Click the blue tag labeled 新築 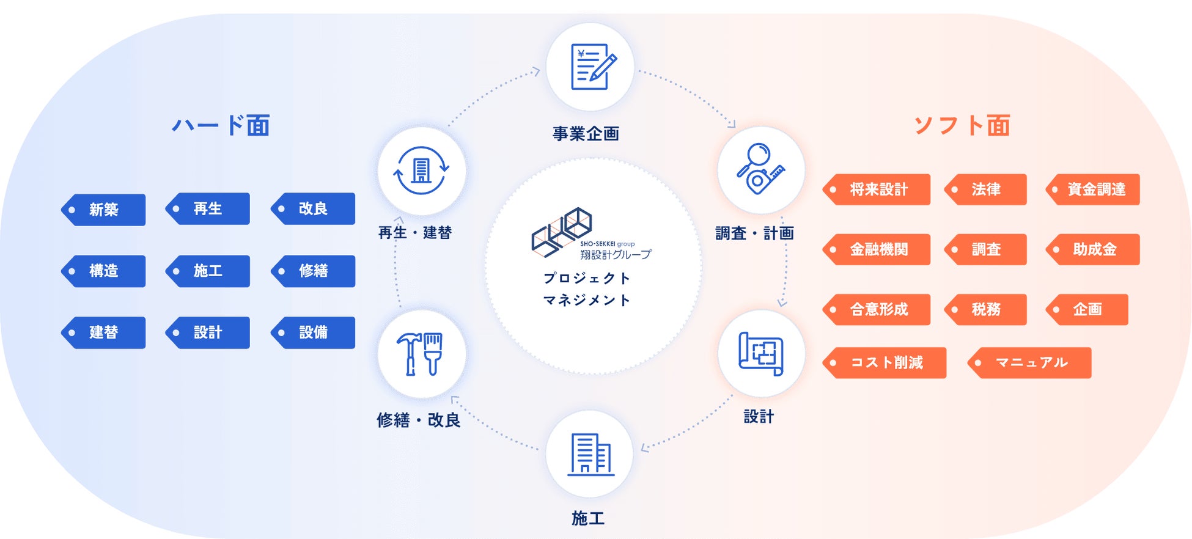pos(103,210)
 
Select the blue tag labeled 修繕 pos(313,271)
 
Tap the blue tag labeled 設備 pos(313,332)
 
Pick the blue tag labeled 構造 pos(103,271)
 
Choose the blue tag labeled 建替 pos(103,332)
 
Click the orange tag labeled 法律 pos(985,189)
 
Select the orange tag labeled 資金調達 pos(1094,189)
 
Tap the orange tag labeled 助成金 pos(1094,249)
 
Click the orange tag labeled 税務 pos(985,309)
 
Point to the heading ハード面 pos(221,125)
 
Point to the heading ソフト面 pos(962,125)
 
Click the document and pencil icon pos(590,67)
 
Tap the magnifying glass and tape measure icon pos(760,170)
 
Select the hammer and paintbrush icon pos(421,354)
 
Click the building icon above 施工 pos(589,454)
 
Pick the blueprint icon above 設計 pos(760,354)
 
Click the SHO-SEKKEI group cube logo pos(562,232)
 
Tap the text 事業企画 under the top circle pos(586,134)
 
